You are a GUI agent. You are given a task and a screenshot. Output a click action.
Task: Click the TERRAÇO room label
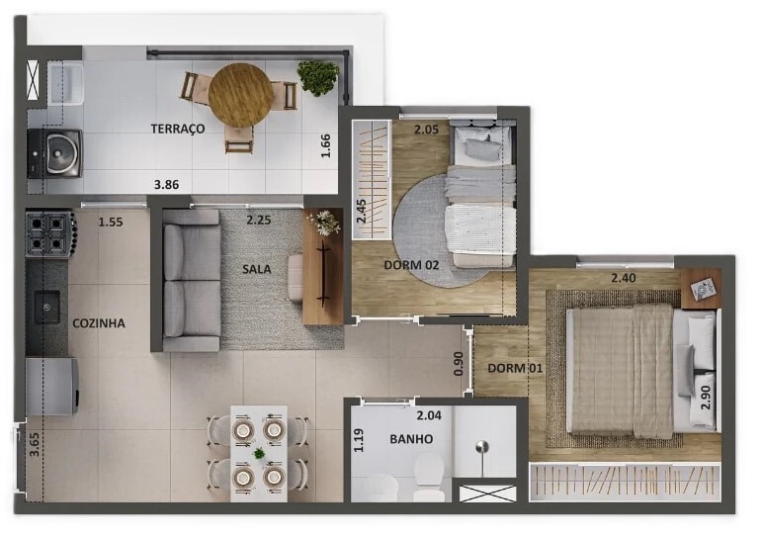[178, 129]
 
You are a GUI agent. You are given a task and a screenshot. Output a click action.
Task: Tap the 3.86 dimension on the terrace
[166, 185]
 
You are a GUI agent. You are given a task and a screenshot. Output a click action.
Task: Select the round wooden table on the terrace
[241, 95]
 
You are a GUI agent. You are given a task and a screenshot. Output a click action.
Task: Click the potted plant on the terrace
[318, 77]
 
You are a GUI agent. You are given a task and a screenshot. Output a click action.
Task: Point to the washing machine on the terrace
[54, 153]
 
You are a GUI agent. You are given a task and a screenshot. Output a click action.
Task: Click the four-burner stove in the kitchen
[50, 233]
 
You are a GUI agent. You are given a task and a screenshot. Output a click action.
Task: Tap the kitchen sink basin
[46, 307]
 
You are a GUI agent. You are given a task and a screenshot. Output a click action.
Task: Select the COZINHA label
[99, 323]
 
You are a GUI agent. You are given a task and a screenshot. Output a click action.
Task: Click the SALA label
[257, 269]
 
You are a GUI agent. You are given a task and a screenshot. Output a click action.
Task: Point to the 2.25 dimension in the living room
[259, 220]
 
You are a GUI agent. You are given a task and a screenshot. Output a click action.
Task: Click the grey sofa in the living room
[191, 281]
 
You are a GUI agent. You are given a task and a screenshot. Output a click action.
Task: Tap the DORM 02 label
[411, 265]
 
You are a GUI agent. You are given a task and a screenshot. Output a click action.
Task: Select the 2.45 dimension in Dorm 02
[362, 211]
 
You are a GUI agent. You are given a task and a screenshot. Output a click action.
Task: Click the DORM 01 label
[515, 368]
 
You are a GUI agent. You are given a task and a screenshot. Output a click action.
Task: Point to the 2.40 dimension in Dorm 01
[624, 278]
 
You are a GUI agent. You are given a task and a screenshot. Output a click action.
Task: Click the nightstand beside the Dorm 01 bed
[701, 289]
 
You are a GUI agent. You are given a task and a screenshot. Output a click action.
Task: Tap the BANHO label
[411, 439]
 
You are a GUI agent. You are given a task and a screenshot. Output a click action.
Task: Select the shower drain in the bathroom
[482, 447]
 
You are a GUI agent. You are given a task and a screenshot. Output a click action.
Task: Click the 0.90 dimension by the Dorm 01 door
[459, 363]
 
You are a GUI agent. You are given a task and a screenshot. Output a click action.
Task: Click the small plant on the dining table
[259, 454]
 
